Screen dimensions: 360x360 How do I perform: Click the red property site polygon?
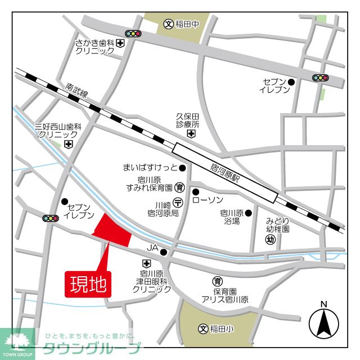pyautogui.click(x=111, y=231)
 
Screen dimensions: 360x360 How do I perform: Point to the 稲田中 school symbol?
pyautogui.click(x=168, y=24)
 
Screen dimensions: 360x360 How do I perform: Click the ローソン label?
pyautogui.click(x=208, y=200)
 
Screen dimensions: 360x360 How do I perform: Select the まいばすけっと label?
pyautogui.click(x=150, y=167)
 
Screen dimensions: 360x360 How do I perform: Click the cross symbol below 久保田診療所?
pyautogui.click(x=191, y=134)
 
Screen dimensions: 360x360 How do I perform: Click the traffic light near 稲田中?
pyautogui.click(x=133, y=34)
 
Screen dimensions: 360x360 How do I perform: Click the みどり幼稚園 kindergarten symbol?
pyautogui.click(x=269, y=239)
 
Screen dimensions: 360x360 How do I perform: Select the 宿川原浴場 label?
pyautogui.click(x=232, y=217)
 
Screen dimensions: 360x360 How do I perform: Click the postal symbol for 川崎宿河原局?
pyautogui.click(x=178, y=203)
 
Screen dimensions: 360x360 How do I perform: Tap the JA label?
pyautogui.click(x=152, y=247)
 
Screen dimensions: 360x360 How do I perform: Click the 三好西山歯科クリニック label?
pyautogui.click(x=58, y=130)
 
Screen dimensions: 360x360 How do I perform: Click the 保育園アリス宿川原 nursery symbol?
pyautogui.click(x=217, y=280)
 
